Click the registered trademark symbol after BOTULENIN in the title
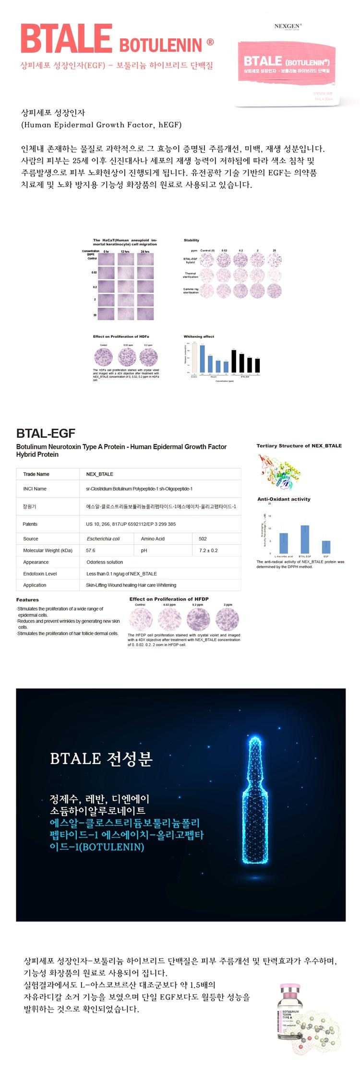[210, 43]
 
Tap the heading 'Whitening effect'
[199, 336]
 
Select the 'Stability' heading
[191, 240]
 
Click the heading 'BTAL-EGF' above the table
[46, 433]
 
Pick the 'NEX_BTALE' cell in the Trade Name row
[100, 474]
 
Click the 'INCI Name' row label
[35, 489]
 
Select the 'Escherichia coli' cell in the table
[103, 539]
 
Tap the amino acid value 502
[203, 539]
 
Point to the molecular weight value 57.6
[91, 550]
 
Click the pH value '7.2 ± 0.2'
[208, 550]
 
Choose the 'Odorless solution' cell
[105, 562]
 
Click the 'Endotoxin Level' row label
[40, 574]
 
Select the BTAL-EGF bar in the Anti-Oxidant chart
[305, 539]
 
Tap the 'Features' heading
[27, 600]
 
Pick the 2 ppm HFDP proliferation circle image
[228, 619]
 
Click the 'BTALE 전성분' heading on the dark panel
[101, 758]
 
